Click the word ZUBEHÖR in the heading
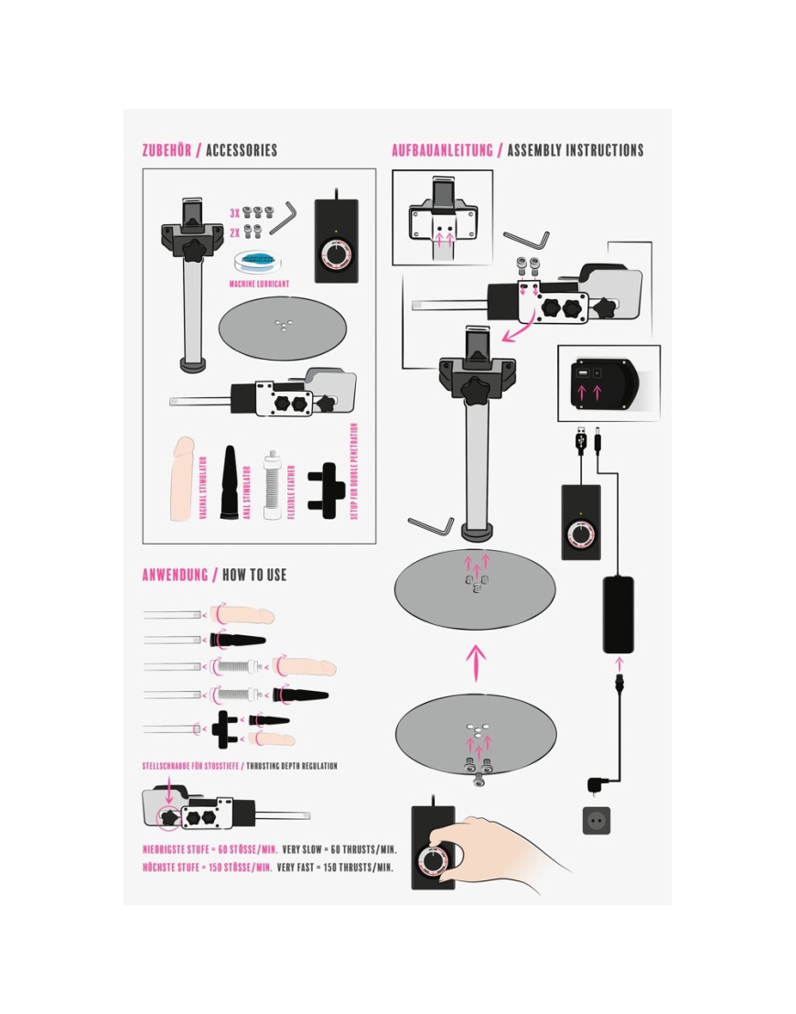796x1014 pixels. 167,151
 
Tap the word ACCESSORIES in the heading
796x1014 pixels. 242,151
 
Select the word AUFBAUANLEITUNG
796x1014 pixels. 442,151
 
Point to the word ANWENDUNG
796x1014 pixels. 176,575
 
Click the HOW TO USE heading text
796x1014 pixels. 254,575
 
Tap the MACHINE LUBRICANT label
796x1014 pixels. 259,284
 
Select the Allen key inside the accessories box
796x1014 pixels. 284,220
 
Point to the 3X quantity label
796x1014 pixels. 235,213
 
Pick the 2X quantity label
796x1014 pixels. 235,232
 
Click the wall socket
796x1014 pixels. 597,821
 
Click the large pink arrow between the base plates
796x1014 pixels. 476,663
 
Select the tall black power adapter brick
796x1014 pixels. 619,614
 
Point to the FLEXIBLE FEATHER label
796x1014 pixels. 291,491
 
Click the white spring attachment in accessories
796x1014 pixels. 272,485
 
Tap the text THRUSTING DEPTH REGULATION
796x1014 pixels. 292,766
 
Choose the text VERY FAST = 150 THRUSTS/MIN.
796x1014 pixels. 335,868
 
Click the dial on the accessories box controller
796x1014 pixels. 335,254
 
